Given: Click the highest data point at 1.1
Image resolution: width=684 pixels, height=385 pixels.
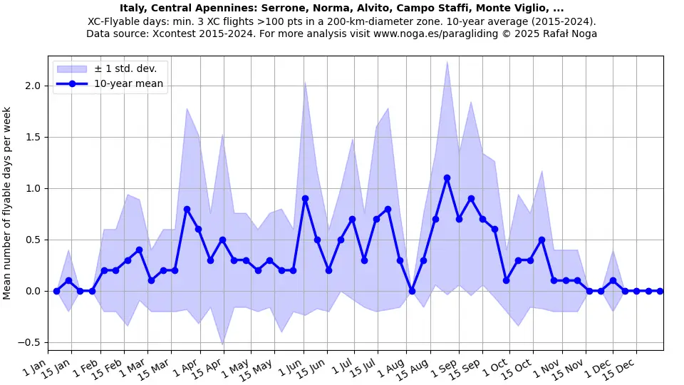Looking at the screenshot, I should (447, 178).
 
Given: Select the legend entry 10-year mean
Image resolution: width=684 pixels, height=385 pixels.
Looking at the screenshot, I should (128, 84).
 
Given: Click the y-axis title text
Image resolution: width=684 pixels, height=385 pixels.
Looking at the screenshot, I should (7, 203).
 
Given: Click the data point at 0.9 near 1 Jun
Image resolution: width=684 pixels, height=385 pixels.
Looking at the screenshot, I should (305, 199).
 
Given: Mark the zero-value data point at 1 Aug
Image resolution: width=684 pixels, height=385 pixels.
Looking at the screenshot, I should (412, 291).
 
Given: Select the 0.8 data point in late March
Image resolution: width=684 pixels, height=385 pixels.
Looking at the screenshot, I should (187, 209).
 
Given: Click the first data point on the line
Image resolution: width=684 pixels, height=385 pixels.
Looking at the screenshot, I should (56, 291).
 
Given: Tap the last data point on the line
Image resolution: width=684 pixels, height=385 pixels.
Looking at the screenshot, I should (660, 291).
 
